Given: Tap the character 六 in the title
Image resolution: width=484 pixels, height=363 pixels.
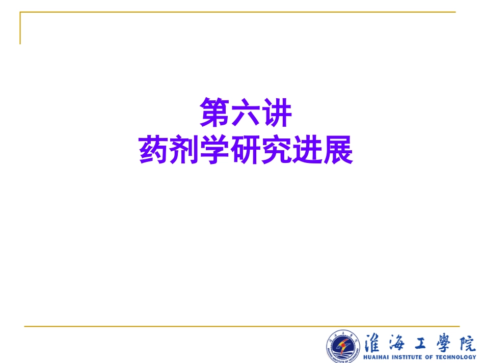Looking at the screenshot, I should click(x=246, y=113).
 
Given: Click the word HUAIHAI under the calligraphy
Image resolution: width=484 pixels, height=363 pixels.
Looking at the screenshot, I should click(x=378, y=357).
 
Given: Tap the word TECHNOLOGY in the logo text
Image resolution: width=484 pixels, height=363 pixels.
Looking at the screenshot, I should click(x=456, y=357).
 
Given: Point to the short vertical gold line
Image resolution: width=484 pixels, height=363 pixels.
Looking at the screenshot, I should click(x=20, y=29).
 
